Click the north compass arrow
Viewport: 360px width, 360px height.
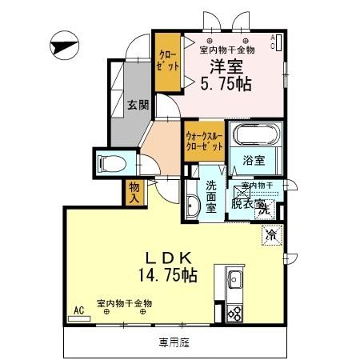(x=62, y=46)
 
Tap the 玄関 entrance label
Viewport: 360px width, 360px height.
(x=138, y=104)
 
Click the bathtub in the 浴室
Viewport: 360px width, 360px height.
(x=254, y=137)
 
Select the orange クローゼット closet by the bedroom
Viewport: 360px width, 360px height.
(x=168, y=61)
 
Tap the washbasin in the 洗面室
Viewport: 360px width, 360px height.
(x=192, y=206)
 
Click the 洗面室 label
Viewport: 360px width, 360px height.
(x=211, y=197)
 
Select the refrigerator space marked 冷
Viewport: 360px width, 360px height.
(x=271, y=235)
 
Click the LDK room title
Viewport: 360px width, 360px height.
(x=166, y=258)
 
